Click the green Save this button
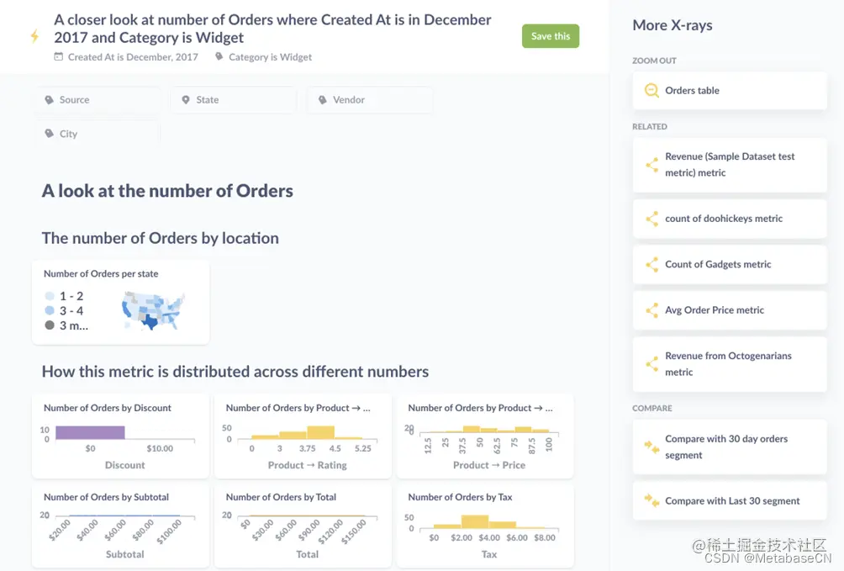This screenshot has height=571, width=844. [x=551, y=36]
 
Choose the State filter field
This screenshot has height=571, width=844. [x=233, y=100]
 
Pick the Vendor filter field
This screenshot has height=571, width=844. [x=369, y=100]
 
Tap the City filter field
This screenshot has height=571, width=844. [x=97, y=134]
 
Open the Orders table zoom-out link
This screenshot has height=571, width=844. [x=730, y=91]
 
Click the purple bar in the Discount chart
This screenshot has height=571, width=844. [x=90, y=432]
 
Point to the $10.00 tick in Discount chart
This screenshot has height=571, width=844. [x=160, y=448]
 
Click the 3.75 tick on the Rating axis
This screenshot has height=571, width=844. [x=307, y=448]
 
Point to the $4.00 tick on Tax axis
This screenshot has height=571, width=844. [x=489, y=537]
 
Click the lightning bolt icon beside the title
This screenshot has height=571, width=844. [x=34, y=36]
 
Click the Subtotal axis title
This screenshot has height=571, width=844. [x=124, y=554]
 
